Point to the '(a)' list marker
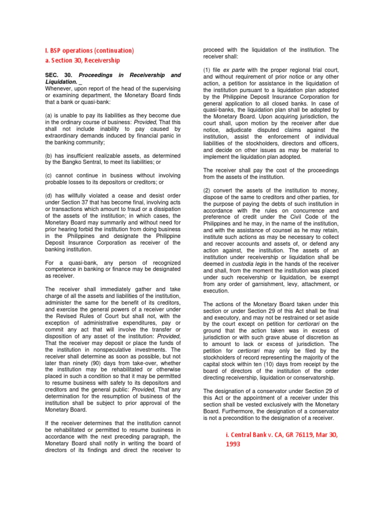point(49,115)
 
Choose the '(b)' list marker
point(49,155)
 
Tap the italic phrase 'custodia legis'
point(250,263)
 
